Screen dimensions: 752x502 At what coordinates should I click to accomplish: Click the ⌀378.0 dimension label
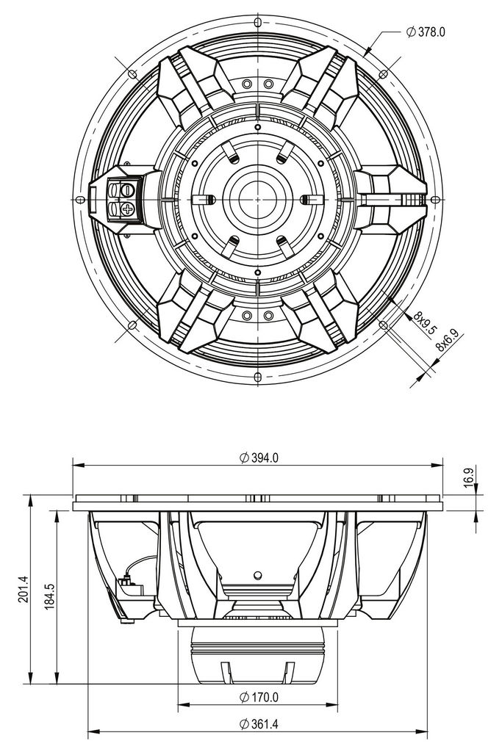[431, 32]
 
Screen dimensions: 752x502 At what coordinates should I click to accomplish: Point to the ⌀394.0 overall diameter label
[259, 457]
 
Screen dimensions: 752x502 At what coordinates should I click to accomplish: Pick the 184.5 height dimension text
[49, 597]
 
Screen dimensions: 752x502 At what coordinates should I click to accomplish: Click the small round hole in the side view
[257, 574]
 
